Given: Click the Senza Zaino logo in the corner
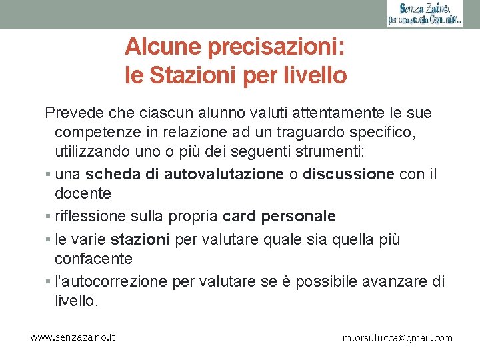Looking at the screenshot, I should (425, 14).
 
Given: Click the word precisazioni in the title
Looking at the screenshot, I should (276, 47).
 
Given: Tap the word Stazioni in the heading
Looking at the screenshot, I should (193, 75).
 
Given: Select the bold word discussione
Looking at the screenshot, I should (349, 175).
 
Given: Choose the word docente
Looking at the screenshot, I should (83, 194).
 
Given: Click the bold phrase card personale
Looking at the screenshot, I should (279, 217).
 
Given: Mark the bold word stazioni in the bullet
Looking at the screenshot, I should (140, 239).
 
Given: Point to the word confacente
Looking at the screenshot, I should (94, 259).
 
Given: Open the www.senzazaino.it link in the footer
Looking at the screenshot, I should (73, 337).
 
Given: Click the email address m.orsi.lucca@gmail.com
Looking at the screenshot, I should (397, 338).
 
